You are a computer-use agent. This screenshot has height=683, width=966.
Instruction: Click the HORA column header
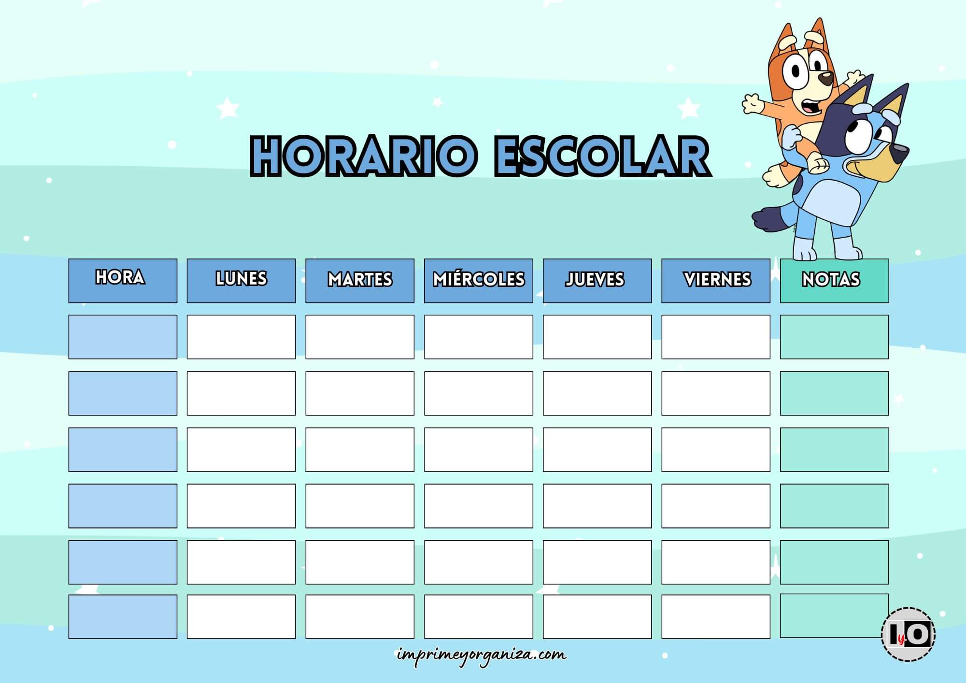[x=123, y=281]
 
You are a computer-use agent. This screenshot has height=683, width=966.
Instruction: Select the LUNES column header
[x=241, y=281]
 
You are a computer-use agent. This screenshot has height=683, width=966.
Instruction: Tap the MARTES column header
[x=360, y=281]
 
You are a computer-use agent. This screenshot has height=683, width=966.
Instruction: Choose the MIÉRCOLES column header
[x=479, y=281]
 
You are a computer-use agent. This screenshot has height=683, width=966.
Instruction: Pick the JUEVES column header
[x=597, y=281]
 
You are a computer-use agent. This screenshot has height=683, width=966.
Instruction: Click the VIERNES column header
[x=716, y=281]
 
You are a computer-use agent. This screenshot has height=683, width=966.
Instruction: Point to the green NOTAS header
[x=834, y=281]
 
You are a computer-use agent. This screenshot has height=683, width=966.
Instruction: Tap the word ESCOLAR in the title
[x=601, y=156]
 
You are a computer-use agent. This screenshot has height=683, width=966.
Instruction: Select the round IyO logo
[x=908, y=634]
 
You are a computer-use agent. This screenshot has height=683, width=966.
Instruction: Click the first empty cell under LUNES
[x=241, y=337]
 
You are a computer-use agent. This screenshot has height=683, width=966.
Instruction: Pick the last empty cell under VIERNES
[x=716, y=616]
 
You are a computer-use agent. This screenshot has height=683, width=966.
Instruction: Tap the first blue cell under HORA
[x=123, y=337]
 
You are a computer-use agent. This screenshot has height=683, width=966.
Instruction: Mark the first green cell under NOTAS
[x=834, y=337]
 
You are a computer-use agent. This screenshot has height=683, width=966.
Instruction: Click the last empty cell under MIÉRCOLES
[x=479, y=616]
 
